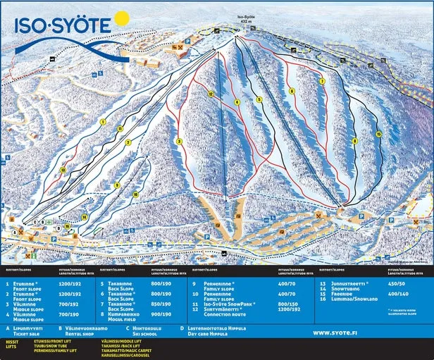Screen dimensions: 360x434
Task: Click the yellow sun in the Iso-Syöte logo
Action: pos(121,19)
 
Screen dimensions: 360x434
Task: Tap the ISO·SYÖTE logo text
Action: pos(63,27)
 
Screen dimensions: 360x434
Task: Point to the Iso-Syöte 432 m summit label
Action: pos(245,18)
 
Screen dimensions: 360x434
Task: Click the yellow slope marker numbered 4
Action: pos(237,103)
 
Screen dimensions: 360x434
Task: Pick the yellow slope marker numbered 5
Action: pos(259,100)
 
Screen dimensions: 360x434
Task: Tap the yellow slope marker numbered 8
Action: pos(291,91)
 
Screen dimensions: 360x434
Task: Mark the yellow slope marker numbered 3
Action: pos(179,142)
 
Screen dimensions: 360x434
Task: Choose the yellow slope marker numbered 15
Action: pos(378,134)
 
